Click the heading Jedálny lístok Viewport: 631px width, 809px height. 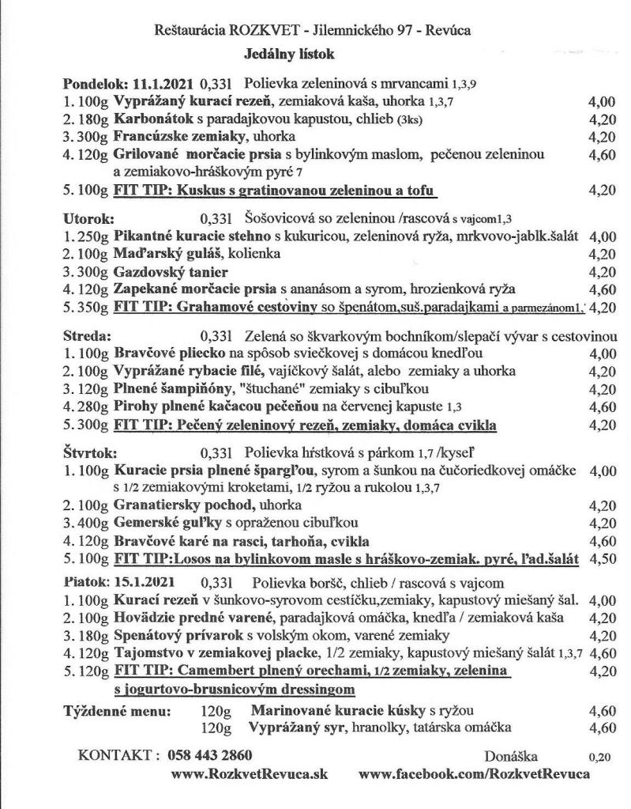(x=291, y=55)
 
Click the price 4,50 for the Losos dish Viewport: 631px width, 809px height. (x=602, y=559)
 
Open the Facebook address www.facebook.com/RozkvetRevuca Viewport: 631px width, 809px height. (x=473, y=775)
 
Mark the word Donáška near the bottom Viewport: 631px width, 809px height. (x=511, y=756)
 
